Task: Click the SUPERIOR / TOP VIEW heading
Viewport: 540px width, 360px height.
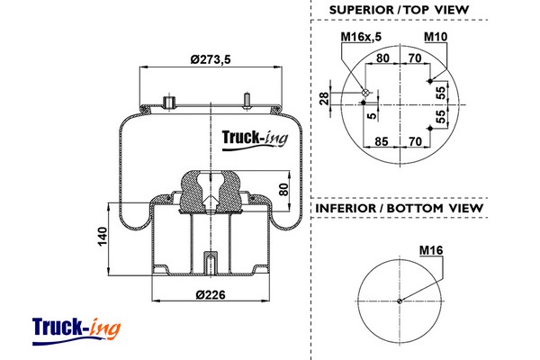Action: click(x=399, y=10)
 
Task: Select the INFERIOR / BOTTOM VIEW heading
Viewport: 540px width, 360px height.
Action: click(x=399, y=208)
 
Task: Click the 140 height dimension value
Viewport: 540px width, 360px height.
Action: click(x=102, y=236)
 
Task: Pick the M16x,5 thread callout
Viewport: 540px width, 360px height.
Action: click(x=360, y=37)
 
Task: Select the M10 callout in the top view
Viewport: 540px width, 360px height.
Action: click(x=436, y=37)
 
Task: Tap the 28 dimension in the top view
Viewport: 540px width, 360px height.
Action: click(x=325, y=100)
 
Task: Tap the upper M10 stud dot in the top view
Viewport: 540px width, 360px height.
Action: click(x=431, y=79)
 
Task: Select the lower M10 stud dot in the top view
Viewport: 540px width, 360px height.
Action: click(x=431, y=129)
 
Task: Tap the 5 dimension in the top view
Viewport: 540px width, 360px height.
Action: click(x=370, y=114)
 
